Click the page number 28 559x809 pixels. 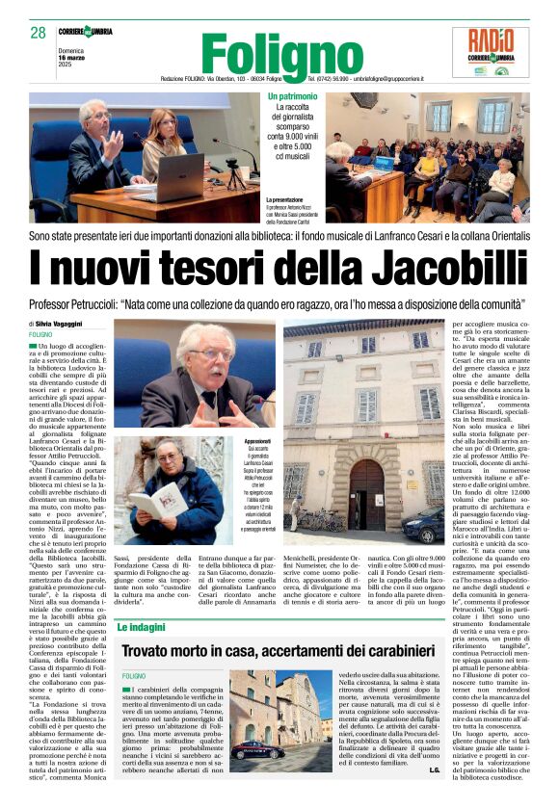click(x=38, y=33)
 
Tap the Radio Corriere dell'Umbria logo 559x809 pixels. click(x=497, y=52)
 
